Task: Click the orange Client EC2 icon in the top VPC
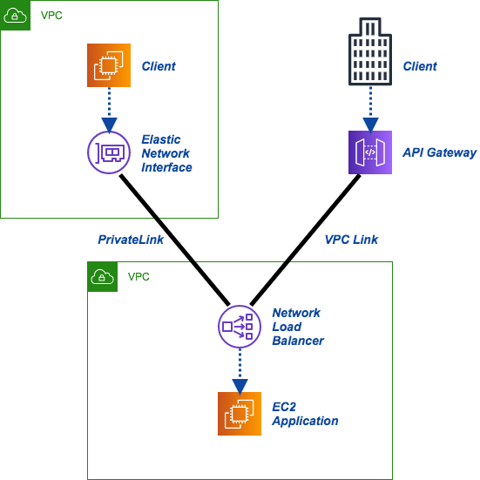click(109, 66)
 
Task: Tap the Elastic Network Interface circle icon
click(109, 152)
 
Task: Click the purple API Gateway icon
click(369, 152)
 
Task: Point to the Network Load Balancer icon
click(238, 327)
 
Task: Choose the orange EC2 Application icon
click(239, 413)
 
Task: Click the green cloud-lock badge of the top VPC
click(16, 16)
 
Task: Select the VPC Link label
click(351, 239)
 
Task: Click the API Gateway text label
click(439, 152)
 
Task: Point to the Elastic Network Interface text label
click(166, 153)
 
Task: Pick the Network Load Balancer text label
click(297, 327)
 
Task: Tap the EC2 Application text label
click(305, 414)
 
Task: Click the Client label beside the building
click(420, 66)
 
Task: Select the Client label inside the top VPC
click(159, 66)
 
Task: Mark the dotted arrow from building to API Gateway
click(369, 110)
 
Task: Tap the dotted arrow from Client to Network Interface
click(109, 110)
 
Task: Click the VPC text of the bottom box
click(139, 277)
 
